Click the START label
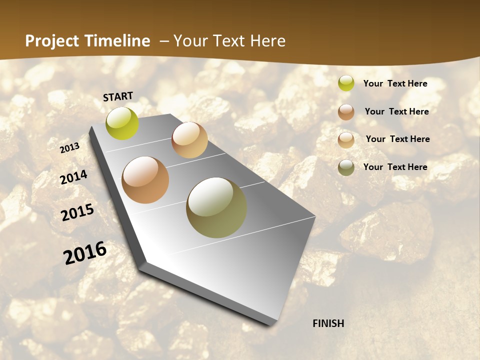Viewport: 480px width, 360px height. pyautogui.click(x=118, y=96)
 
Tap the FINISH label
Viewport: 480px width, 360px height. pyautogui.click(x=328, y=323)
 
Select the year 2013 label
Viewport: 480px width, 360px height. pyautogui.click(x=70, y=148)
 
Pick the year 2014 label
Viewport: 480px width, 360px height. pyautogui.click(x=73, y=177)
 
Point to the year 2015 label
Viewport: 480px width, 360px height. pyautogui.click(x=77, y=212)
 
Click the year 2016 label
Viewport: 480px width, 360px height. pyautogui.click(x=85, y=252)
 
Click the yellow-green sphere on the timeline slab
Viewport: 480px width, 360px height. pyautogui.click(x=122, y=123)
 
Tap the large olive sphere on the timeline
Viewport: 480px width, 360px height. pyautogui.click(x=216, y=207)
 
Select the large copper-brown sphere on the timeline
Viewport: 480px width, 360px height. pyautogui.click(x=145, y=180)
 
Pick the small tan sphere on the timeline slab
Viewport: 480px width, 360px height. pyautogui.click(x=189, y=140)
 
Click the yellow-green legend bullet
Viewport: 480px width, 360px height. pyautogui.click(x=346, y=83)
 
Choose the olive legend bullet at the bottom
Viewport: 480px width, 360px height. pyautogui.click(x=346, y=167)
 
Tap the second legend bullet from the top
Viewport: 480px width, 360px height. pyautogui.click(x=346, y=112)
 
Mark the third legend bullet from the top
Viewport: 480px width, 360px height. pyautogui.click(x=346, y=140)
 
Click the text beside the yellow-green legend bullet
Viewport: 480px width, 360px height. pyautogui.click(x=395, y=83)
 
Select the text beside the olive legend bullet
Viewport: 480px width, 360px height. pyautogui.click(x=395, y=167)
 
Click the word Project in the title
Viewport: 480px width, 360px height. pyautogui.click(x=52, y=41)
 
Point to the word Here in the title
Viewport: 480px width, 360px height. pyautogui.click(x=267, y=41)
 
